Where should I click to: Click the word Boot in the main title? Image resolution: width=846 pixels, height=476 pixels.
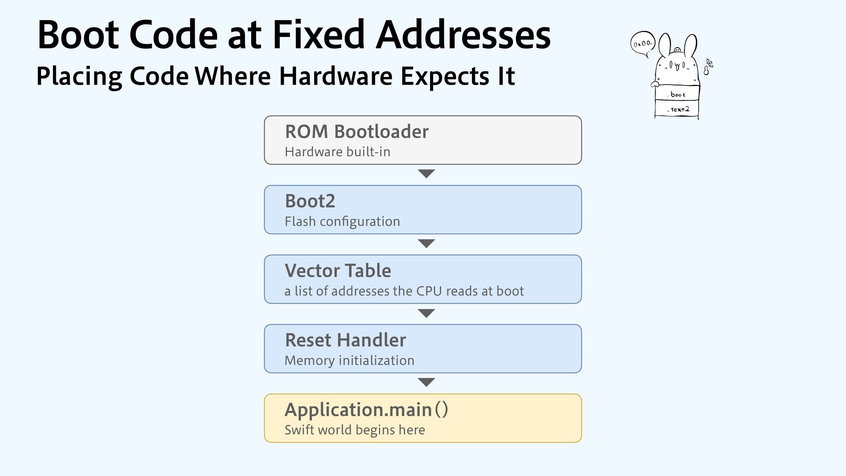point(78,35)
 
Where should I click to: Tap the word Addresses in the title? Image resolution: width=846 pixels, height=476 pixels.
point(463,35)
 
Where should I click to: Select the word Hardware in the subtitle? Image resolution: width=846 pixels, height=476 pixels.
point(335,76)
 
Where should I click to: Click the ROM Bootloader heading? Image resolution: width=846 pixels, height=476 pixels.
point(356,131)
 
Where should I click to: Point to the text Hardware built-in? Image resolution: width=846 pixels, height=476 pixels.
point(338,152)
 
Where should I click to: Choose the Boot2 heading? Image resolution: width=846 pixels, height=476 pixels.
point(310,201)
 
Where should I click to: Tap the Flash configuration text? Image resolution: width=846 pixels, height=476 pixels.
point(342,221)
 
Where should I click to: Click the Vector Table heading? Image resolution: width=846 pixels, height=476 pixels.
point(338,271)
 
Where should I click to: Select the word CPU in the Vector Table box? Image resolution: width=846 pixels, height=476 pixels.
point(429,291)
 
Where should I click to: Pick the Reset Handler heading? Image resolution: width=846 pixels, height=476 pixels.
point(345,340)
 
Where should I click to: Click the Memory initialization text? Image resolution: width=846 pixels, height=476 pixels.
point(349,361)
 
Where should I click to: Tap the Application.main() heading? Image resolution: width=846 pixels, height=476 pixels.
point(366,410)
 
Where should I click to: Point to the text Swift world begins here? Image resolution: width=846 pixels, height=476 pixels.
point(355,430)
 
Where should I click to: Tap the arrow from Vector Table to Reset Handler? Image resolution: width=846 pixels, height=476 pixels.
point(426,313)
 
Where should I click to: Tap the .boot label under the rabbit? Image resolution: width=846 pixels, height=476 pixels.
point(678,95)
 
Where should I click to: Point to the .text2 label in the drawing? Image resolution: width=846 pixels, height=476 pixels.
point(678,109)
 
